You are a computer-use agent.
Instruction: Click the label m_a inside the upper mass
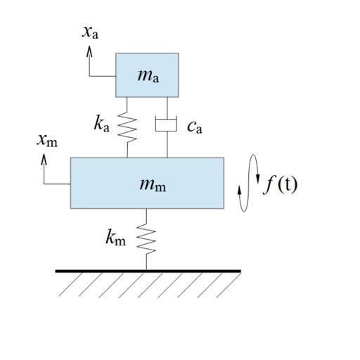(x=148, y=76)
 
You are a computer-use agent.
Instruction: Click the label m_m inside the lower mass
(x=153, y=185)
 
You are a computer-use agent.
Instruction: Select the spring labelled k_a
(x=127, y=127)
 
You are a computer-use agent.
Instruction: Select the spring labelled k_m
(x=146, y=239)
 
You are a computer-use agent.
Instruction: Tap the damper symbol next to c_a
(x=166, y=125)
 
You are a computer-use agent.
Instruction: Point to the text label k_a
(x=101, y=124)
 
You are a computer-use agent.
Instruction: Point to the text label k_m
(x=115, y=237)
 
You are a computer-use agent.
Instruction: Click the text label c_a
(x=195, y=128)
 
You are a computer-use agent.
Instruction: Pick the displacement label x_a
(x=90, y=32)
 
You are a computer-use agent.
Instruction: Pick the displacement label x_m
(x=47, y=141)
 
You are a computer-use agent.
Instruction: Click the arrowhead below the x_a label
(x=89, y=51)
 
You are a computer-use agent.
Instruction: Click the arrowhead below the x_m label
(x=44, y=160)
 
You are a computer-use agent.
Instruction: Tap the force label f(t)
(x=281, y=185)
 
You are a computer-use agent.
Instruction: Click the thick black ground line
(x=148, y=271)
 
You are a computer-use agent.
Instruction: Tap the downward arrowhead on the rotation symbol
(x=258, y=179)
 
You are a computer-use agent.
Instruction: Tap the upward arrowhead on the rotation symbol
(x=239, y=190)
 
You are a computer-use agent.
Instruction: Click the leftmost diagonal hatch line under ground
(x=70, y=284)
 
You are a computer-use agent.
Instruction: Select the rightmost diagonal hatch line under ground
(x=229, y=285)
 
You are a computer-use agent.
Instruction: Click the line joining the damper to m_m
(x=167, y=144)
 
